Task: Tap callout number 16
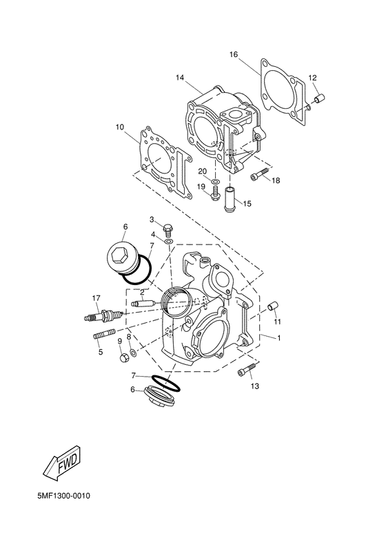pyautogui.click(x=234, y=54)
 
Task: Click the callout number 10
pyautogui.click(x=120, y=127)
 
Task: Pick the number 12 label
pyautogui.click(x=312, y=77)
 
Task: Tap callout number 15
pyautogui.click(x=247, y=204)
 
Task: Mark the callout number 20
pyautogui.click(x=202, y=171)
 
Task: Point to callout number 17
pyautogui.click(x=96, y=297)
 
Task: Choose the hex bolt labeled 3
pyautogui.click(x=167, y=227)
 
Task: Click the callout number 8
pyautogui.click(x=128, y=337)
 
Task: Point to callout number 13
pyautogui.click(x=255, y=387)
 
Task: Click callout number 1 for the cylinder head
pyautogui.click(x=279, y=338)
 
